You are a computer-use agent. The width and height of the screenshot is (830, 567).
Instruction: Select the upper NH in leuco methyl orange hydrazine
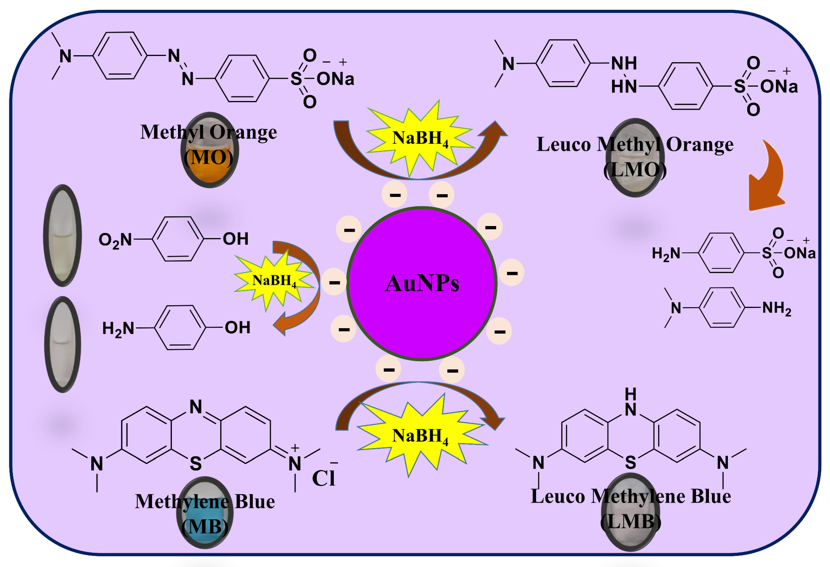pos(624,63)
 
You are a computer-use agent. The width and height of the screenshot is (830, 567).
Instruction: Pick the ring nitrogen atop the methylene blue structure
pos(196,407)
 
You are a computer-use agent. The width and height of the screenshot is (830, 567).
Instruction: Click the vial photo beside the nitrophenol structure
pos(62,236)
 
